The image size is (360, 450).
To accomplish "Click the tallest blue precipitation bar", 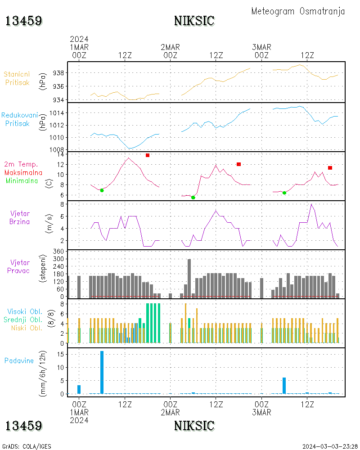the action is (x=102, y=372).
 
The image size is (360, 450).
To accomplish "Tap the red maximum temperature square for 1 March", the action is (x=148, y=155).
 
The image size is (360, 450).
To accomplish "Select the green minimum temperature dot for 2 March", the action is (x=193, y=198).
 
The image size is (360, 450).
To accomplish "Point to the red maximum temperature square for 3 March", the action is (x=330, y=168).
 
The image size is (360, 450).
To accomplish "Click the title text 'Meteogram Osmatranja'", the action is (x=298, y=12).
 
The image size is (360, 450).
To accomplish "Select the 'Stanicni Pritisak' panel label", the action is (x=17, y=78).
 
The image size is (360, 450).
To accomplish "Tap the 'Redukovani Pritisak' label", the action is (x=19, y=119).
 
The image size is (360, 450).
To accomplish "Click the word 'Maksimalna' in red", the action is (x=23, y=172).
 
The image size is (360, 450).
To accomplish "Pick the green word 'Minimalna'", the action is (x=22, y=181).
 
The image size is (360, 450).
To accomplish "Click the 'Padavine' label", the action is (x=19, y=361).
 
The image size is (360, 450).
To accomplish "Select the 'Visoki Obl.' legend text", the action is (x=25, y=311).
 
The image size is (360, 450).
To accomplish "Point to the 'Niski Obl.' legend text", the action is (x=27, y=328).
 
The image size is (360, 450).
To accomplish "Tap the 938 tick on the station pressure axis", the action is (x=58, y=73).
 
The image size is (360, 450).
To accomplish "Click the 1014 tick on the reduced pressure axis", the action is (x=57, y=113).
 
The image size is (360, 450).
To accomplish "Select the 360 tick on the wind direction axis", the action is (x=58, y=252).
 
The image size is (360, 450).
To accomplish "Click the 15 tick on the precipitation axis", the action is (x=60, y=354).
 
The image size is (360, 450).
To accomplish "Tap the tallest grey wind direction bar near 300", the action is (x=189, y=279).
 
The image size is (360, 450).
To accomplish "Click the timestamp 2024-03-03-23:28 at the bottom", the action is (x=330, y=446).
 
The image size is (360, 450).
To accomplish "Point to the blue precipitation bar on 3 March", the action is (x=284, y=386).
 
